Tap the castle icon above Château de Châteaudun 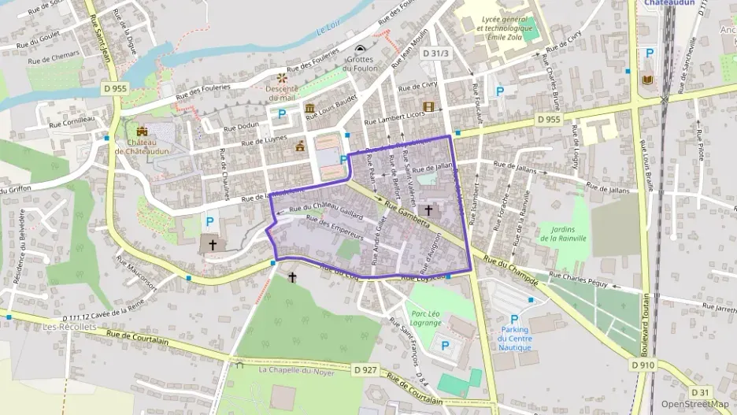coord(142,132)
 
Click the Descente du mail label coord(281,93)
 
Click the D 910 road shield coord(643,365)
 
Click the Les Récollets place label coord(69,326)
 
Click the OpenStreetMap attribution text coord(694,404)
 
